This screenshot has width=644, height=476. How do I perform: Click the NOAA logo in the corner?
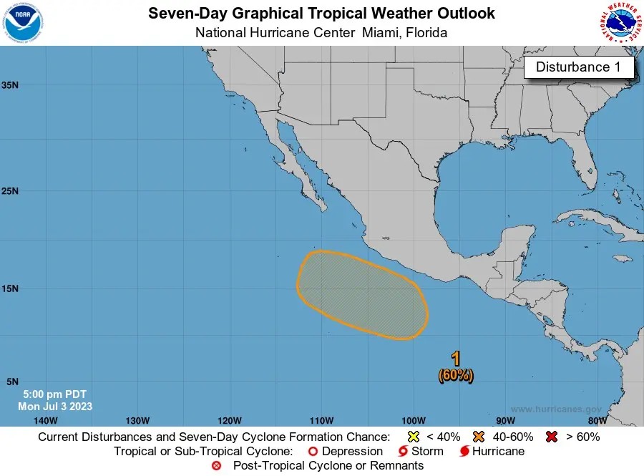pos(23,22)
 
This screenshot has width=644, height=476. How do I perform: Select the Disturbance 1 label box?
pos(579,67)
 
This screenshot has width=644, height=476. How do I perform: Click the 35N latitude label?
pos(10,84)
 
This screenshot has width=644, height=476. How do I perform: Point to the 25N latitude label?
pos(10,191)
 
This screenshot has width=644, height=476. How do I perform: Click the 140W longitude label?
pos(44,420)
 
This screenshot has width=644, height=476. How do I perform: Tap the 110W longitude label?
pos(321,420)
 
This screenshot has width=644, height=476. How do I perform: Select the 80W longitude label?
pos(597,420)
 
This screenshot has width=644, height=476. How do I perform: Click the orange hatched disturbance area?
pos(361,295)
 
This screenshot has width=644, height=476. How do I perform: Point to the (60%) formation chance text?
pos(456,374)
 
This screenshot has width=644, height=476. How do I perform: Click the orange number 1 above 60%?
pos(456,359)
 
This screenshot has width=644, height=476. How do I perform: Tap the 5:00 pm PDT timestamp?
pos(54,394)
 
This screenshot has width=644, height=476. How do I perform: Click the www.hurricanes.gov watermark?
pos(556,409)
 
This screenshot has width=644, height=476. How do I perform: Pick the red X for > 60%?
pos(552,437)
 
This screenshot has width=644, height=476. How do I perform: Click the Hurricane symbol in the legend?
pos(465,452)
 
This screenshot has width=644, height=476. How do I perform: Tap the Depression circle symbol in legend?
pos(312,452)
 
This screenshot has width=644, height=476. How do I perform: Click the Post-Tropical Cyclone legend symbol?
pos(217,466)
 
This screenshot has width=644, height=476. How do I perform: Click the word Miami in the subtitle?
pos(382,33)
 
